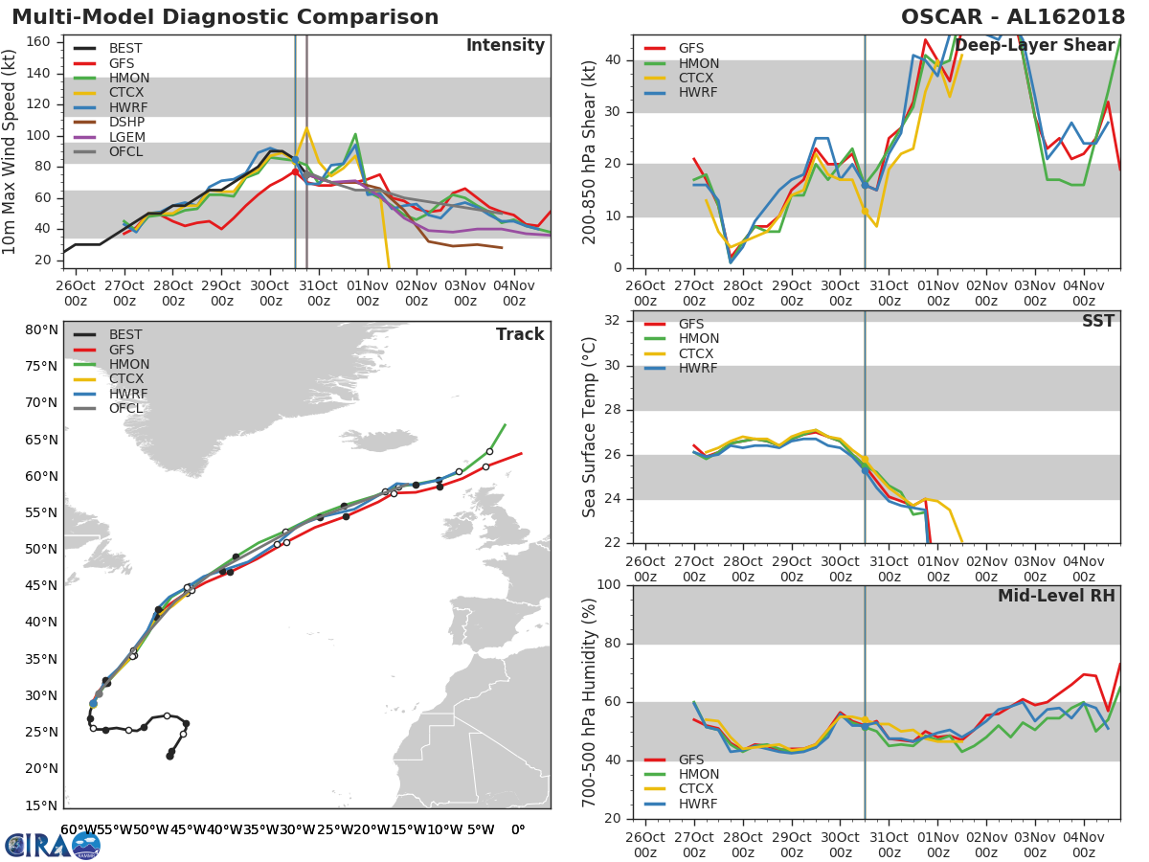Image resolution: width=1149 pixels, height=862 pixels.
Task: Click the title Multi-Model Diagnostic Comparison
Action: tap(225, 17)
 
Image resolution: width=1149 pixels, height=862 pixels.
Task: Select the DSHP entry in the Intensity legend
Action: tap(128, 123)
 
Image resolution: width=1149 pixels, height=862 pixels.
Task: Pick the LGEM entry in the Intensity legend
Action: tap(128, 138)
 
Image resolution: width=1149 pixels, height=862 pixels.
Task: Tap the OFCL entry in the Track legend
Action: tap(125, 408)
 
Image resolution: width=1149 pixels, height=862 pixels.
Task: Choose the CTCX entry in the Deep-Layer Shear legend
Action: tap(699, 78)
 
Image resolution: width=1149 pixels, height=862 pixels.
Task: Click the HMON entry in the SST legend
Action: tap(699, 339)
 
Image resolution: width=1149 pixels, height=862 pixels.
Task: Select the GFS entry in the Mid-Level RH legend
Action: tap(697, 760)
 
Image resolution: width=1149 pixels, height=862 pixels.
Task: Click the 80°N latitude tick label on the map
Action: tap(40, 330)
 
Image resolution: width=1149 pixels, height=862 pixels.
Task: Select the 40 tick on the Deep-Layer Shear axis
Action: tap(614, 60)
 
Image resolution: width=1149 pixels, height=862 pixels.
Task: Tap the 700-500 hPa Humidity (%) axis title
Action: tap(590, 701)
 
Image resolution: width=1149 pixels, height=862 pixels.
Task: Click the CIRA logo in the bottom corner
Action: tap(53, 845)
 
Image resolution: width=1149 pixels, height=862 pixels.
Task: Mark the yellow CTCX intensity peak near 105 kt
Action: tap(306, 128)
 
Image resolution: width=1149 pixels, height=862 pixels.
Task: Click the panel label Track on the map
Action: tap(520, 334)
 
